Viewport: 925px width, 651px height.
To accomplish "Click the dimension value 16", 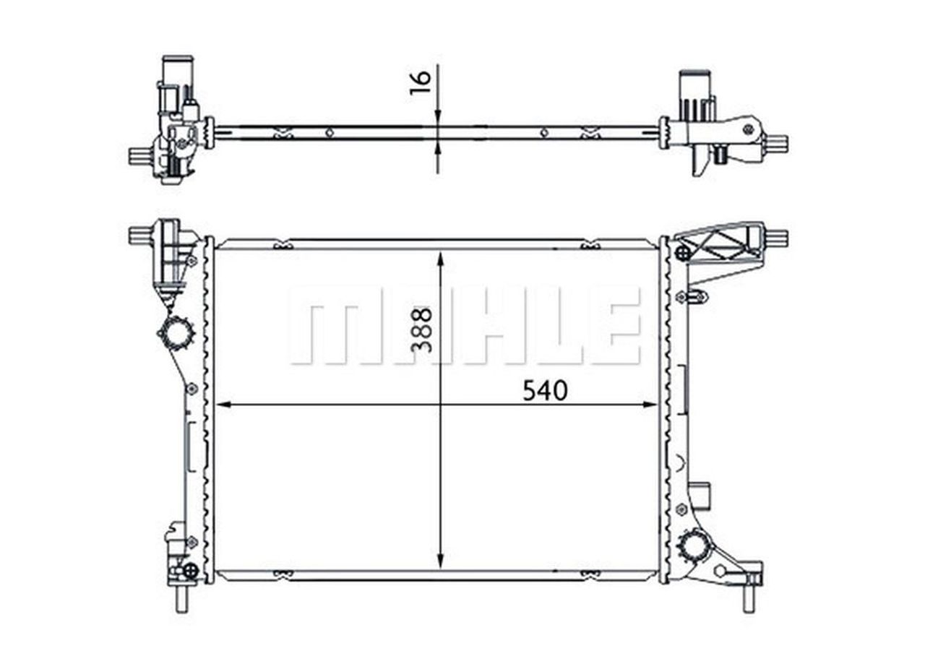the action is tap(420, 82).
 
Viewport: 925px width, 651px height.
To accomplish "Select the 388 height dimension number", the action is tap(421, 330).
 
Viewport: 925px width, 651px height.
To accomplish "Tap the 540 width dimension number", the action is tap(545, 390).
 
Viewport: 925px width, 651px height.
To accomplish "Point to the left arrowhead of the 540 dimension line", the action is tap(223, 405).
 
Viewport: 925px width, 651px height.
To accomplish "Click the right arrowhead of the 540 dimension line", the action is tap(650, 405).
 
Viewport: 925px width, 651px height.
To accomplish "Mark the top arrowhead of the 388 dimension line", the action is tap(441, 260).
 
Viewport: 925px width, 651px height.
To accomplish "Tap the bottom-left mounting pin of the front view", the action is tap(181, 598).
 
